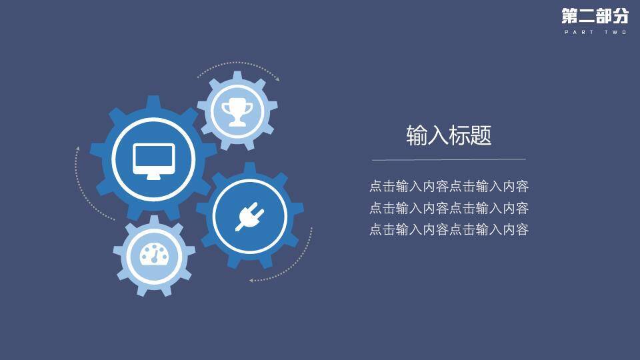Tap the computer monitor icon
pos(153,160)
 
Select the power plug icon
pos(249,216)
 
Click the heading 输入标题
pos(449,136)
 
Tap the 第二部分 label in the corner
pos(594,16)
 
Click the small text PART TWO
pos(595,32)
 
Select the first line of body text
pos(449,187)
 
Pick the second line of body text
pos(449,208)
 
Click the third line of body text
pos(449,230)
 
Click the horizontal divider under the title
pos(449,160)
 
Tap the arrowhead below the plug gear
pos(252,280)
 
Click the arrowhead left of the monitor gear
pos(77,148)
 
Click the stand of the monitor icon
pos(153,175)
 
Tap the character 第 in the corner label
pos(570,16)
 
